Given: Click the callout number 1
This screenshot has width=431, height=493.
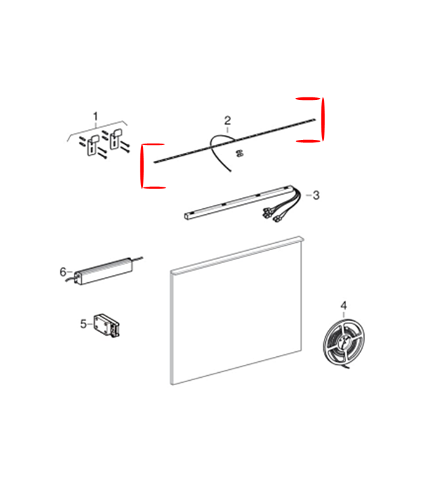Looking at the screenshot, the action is pyautogui.click(x=95, y=116).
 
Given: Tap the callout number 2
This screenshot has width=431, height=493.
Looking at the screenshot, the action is pyautogui.click(x=227, y=120).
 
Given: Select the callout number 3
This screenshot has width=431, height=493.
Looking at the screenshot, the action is pyautogui.click(x=316, y=195).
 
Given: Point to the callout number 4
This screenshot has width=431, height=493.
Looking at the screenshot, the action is pyautogui.click(x=344, y=305).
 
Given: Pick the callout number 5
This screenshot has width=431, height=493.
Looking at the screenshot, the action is pyautogui.click(x=83, y=324).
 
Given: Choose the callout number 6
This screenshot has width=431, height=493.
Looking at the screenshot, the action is pyautogui.click(x=63, y=272).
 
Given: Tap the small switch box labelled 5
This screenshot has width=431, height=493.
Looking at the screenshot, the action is pyautogui.click(x=107, y=325).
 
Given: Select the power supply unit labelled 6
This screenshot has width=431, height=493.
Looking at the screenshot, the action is pyautogui.click(x=103, y=271).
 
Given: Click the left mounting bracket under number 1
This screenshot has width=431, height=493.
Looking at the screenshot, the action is pyautogui.click(x=93, y=145).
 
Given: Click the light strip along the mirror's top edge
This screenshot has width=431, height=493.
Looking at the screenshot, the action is pyautogui.click(x=237, y=254).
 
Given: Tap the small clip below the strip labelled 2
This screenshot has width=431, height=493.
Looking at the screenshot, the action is pyautogui.click(x=240, y=153).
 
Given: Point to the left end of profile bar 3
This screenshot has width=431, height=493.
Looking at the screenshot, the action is pyautogui.click(x=188, y=216).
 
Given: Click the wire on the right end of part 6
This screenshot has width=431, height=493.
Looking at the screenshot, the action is pyautogui.click(x=138, y=259).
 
